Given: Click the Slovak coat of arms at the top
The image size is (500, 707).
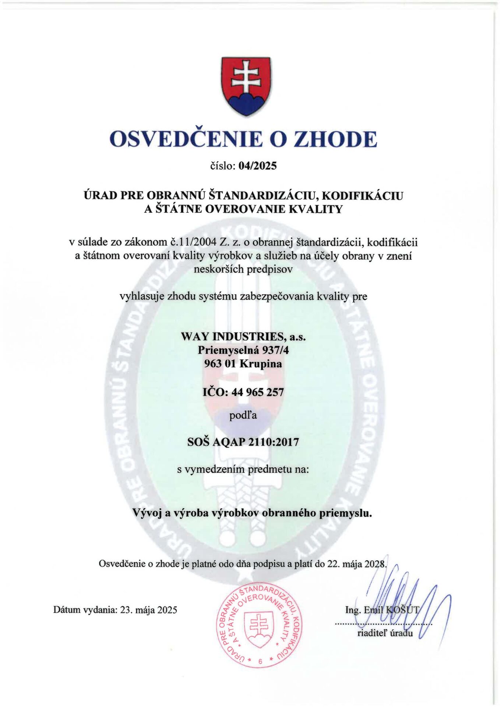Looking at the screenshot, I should click(246, 86).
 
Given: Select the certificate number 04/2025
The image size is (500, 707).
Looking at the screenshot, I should click(257, 166).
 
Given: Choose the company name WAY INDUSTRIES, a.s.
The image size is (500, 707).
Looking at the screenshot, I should click(243, 337).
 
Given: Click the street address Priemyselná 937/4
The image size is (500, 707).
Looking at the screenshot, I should click(243, 350).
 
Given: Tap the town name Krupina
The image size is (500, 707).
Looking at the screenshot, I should click(261, 364).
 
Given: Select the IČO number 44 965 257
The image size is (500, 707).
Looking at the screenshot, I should click(258, 392).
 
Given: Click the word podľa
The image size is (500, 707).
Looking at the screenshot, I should click(243, 416).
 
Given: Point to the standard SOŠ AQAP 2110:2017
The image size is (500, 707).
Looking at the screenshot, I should click(243, 442).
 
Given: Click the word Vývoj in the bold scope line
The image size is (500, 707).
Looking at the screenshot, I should click(147, 513).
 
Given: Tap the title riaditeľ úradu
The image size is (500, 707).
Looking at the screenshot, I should click(385, 633).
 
